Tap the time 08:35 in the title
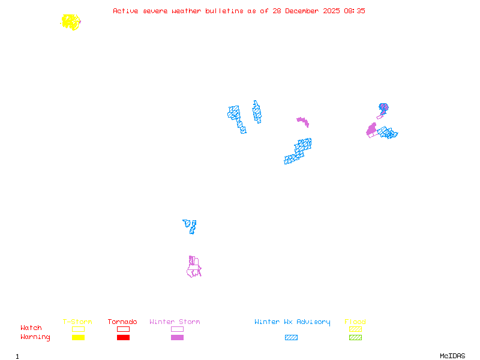pos(355,11)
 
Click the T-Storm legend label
pos(77,322)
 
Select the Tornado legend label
pos(122,322)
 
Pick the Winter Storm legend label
pos(175,322)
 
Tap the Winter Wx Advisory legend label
pos(292,322)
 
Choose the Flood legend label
pos(355,322)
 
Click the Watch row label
pos(31,328)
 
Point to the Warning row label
pos(35,337)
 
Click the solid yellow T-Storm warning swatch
pos(78,338)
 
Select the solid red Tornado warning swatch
pos(123,338)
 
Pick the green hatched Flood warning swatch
pos(355,338)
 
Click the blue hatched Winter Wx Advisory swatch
pos(291,338)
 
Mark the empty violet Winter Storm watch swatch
pos(177,329)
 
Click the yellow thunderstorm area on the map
pos(71,22)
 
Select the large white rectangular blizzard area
pos(248,118)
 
